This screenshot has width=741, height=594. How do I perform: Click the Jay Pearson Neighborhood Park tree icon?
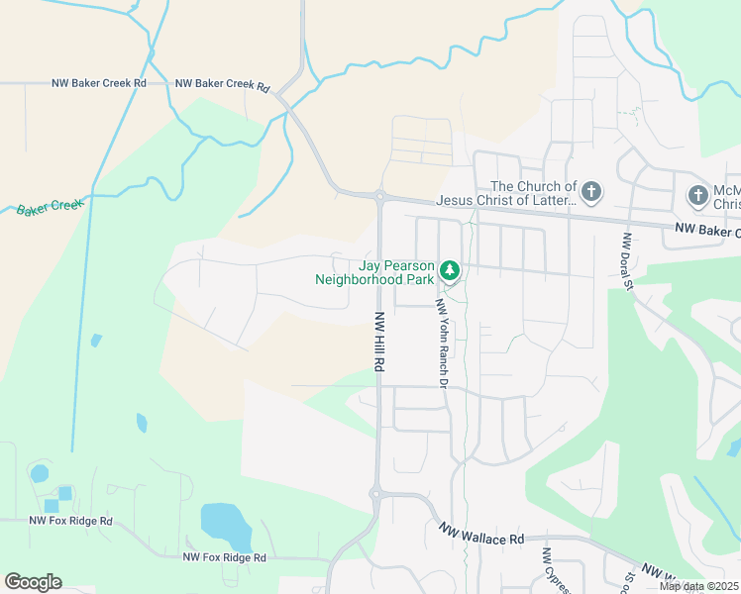[450, 269]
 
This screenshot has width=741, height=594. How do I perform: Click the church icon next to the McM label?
[698, 195]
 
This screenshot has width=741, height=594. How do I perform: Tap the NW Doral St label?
[627, 261]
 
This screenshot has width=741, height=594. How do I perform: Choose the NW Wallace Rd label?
[481, 538]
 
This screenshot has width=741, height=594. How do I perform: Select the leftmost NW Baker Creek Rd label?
[99, 83]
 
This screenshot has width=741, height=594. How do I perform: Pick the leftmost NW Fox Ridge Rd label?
[70, 521]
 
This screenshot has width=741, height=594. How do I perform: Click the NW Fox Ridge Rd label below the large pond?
[224, 557]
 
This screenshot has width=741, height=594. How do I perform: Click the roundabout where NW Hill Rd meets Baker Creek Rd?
[379, 196]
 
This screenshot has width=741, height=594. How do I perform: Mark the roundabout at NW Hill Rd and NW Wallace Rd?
[375, 493]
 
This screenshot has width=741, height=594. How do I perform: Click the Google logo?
[33, 582]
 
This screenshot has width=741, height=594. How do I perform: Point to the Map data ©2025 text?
[699, 586]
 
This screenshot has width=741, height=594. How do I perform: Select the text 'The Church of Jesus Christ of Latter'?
[533, 193]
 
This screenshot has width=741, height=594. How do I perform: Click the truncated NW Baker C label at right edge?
[707, 232]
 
